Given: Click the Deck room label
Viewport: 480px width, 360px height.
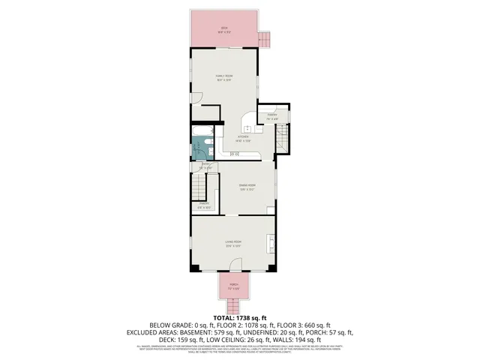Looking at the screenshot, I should click(224, 29).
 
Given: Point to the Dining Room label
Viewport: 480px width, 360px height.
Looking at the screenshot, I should click(247, 187).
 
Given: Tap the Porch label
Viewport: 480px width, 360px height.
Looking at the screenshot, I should click(234, 286).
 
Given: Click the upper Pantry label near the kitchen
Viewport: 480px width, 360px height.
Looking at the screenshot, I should click(272, 116).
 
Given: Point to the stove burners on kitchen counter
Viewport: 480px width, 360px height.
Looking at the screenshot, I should click(235, 154).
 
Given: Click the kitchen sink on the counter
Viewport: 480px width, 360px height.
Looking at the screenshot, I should click(247, 129).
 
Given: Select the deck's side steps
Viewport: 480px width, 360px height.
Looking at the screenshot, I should click(263, 39).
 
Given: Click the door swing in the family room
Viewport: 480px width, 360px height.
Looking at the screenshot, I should click(196, 98).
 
